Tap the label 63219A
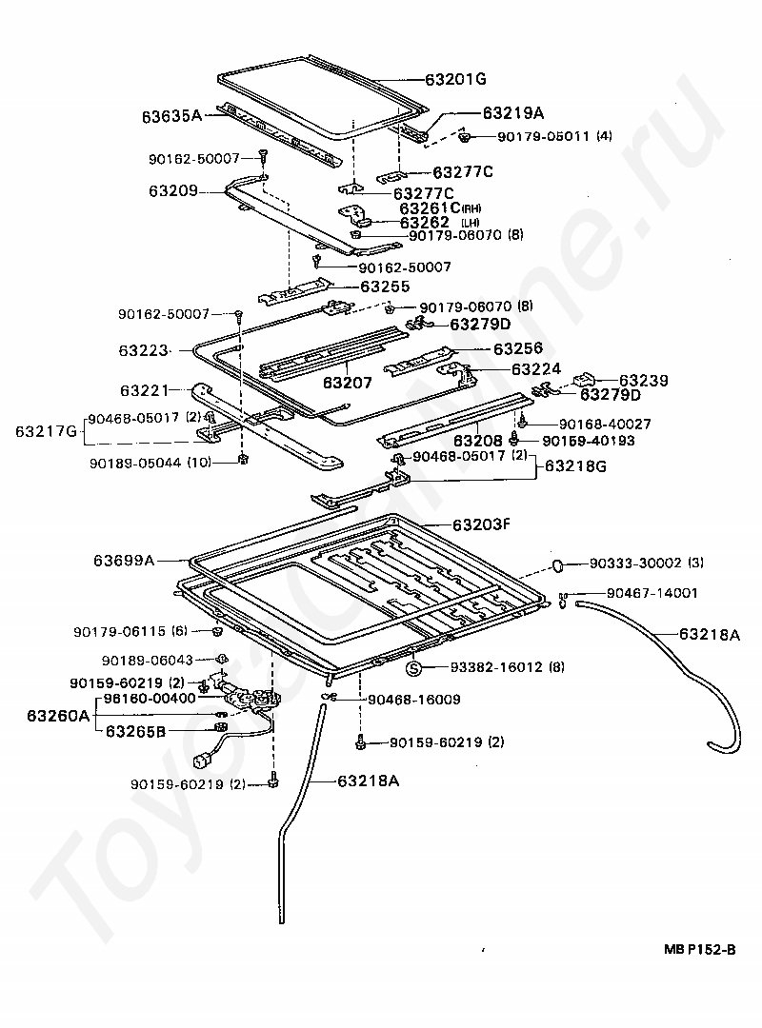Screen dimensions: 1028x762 (x=515, y=112)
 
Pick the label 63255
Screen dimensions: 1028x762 (x=384, y=285)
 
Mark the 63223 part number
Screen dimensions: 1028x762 (x=143, y=351)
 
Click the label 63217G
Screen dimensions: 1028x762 (x=45, y=431)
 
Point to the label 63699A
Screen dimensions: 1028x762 (x=124, y=561)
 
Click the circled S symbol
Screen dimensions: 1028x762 (x=413, y=668)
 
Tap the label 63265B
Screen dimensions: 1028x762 (x=135, y=731)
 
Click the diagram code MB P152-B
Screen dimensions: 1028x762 (x=700, y=949)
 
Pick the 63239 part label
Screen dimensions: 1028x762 (x=643, y=380)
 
